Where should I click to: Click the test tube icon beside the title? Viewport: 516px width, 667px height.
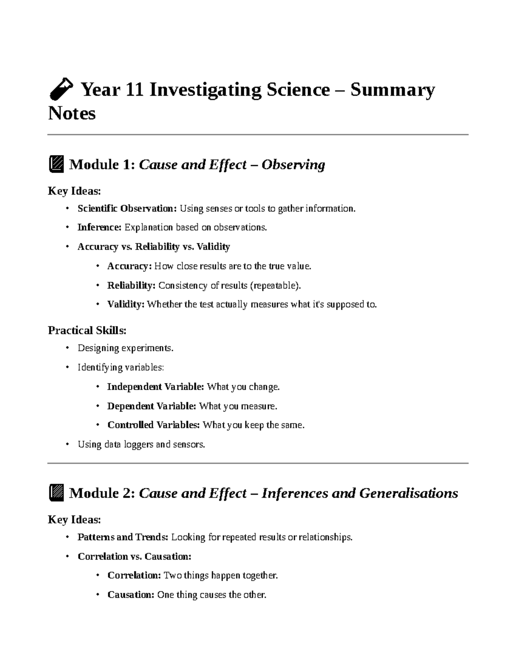click(60, 89)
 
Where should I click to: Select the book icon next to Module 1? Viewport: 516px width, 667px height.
click(56, 164)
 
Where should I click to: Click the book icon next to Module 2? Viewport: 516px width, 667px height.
click(56, 493)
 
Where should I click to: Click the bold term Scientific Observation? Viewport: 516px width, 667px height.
click(127, 209)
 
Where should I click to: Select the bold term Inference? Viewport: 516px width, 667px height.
click(99, 228)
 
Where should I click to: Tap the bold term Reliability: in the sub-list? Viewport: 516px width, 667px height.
click(131, 286)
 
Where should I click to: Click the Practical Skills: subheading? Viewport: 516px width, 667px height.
click(87, 330)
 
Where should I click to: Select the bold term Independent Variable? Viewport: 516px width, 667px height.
click(155, 387)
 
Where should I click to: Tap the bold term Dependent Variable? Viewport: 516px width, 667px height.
click(151, 406)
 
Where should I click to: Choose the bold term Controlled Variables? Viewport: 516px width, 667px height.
click(154, 425)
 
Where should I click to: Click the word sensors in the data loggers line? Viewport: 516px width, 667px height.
click(188, 445)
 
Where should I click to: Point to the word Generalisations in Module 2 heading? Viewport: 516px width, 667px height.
click(408, 493)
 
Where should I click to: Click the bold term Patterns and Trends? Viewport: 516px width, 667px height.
click(123, 537)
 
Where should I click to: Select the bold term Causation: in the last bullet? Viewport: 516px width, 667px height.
click(131, 595)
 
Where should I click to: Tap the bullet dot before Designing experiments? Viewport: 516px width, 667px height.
click(67, 348)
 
